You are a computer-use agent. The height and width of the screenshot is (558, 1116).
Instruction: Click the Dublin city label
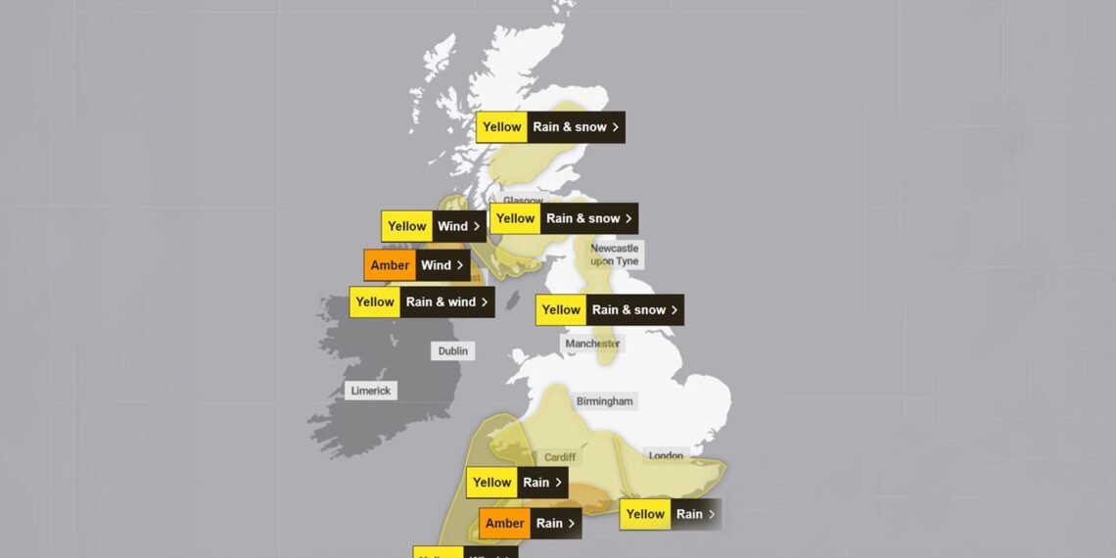[453, 350]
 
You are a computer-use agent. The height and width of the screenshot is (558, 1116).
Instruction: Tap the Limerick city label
[371, 391]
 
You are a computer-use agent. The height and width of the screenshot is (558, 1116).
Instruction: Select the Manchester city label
[592, 344]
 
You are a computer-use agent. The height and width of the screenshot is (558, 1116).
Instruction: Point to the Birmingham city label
[605, 401]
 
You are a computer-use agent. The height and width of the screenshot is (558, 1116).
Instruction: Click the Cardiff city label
[560, 457]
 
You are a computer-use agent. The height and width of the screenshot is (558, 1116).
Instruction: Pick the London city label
[666, 455]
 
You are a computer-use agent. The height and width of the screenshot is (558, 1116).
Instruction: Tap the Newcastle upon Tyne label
[614, 256]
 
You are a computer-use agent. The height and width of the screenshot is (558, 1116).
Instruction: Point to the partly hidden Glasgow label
[523, 201]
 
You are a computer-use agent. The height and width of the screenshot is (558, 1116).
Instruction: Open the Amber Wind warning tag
[416, 265]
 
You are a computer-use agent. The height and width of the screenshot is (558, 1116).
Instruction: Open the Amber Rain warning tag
[530, 523]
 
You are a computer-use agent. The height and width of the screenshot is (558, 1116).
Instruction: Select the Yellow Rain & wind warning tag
[421, 302]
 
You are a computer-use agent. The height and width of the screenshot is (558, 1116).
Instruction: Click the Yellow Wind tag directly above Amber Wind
[433, 226]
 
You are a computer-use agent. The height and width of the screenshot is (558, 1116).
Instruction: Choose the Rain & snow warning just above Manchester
[609, 310]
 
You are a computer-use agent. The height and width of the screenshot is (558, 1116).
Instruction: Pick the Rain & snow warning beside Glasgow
[563, 218]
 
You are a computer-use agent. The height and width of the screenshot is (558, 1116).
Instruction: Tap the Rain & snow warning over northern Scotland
[550, 127]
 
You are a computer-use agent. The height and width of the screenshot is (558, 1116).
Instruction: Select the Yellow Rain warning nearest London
[670, 514]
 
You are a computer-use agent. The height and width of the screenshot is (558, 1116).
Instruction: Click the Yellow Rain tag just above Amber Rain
[516, 482]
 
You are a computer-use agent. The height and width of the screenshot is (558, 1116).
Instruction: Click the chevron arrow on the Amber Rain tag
[572, 523]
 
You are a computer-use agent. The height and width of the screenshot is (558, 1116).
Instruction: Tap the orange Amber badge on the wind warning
[390, 265]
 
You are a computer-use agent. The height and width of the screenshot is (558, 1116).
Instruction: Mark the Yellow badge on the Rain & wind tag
[375, 302]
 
